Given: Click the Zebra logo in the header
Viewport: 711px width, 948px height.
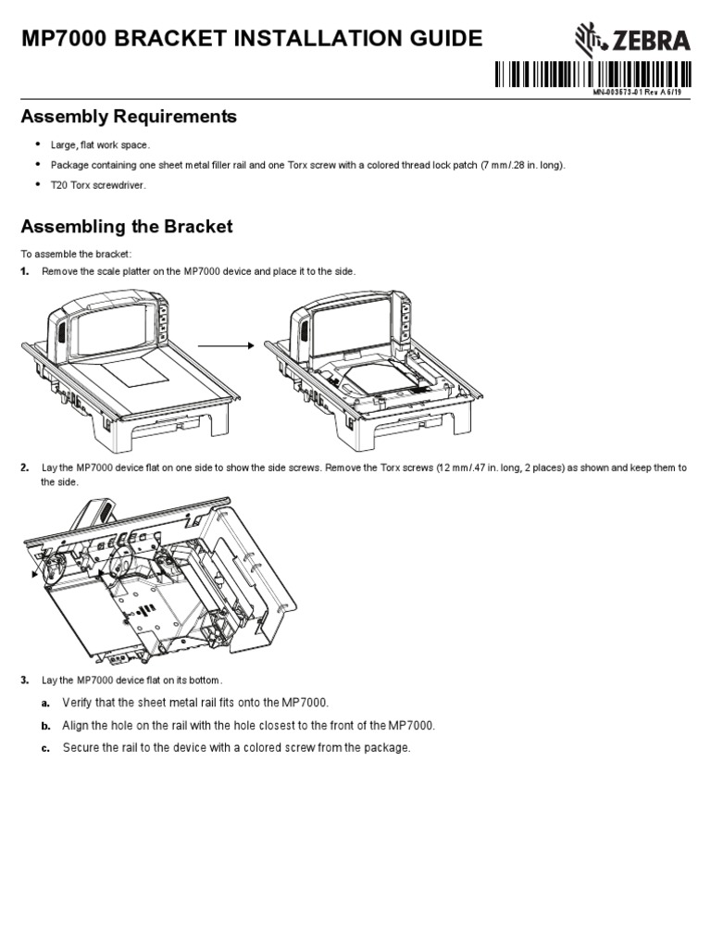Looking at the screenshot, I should [x=631, y=40].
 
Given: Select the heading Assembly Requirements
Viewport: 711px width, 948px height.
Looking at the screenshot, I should [x=129, y=117].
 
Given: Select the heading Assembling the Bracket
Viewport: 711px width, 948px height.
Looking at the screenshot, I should [x=127, y=227].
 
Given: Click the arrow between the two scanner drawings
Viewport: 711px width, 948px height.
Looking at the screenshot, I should [x=225, y=345].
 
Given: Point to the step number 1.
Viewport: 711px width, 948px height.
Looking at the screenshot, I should [x=25, y=270].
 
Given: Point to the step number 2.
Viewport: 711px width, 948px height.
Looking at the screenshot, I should [x=25, y=468].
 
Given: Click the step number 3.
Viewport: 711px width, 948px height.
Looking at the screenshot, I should [x=25, y=680].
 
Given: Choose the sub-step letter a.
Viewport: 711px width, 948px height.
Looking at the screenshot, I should [x=44, y=704].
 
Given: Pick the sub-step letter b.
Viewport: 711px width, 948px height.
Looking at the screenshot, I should [x=44, y=726].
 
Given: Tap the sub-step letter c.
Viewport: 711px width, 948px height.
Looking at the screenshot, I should [x=44, y=748].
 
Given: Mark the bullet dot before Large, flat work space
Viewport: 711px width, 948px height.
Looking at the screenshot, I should [x=39, y=144].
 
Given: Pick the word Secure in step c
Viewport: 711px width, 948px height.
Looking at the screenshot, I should [x=81, y=748].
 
